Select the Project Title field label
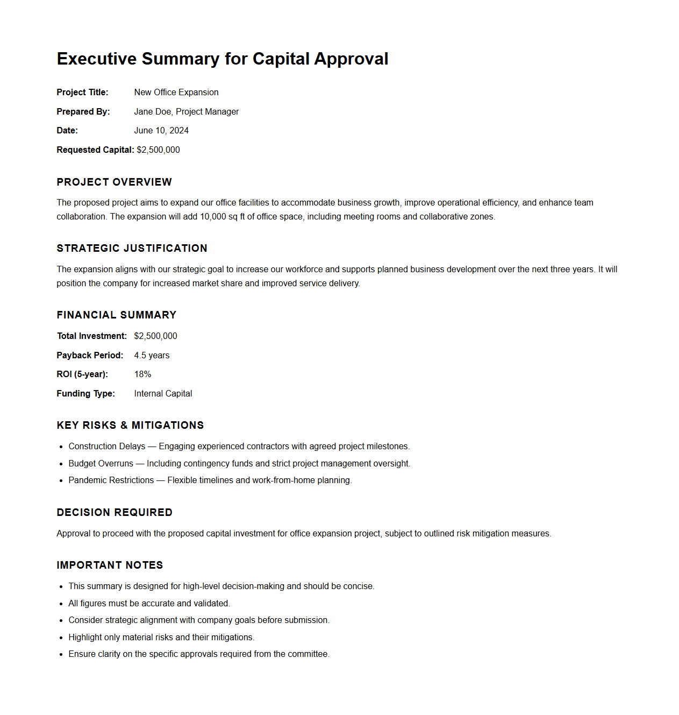[82, 93]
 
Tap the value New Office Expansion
[176, 93]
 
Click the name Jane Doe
[153, 112]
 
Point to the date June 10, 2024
[161, 131]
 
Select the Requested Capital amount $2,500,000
[159, 150]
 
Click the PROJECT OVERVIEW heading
[114, 182]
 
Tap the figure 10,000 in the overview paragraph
[213, 217]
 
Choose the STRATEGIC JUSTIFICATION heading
[132, 249]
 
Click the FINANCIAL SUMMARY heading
[116, 315]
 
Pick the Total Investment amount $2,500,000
[155, 336]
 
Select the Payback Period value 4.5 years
[152, 356]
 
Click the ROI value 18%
[142, 374]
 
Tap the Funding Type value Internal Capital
[163, 394]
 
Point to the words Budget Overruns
[101, 464]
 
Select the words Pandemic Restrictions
[111, 480]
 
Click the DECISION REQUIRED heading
[115, 513]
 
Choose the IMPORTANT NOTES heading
[110, 565]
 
